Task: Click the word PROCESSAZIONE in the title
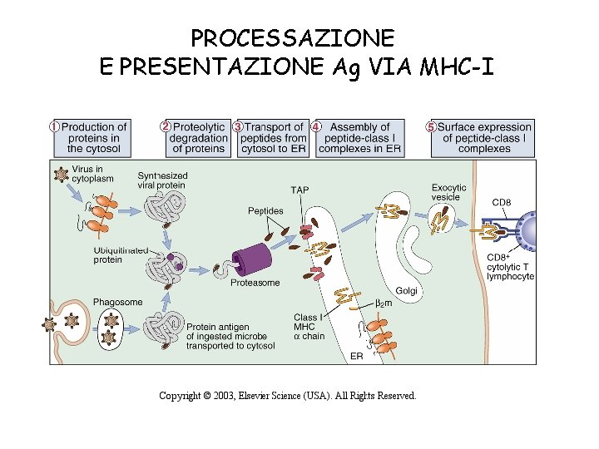[292, 37]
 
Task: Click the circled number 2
[166, 126]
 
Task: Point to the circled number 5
[431, 127]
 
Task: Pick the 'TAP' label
[299, 190]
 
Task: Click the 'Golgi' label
[406, 290]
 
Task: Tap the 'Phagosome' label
[117, 302]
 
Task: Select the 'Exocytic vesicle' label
[448, 192]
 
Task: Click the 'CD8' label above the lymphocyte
[502, 202]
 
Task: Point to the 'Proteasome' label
[255, 283]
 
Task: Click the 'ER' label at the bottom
[356, 356]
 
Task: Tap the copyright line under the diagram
[288, 396]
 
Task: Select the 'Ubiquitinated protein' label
[121, 254]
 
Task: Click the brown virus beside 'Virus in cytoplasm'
[61, 175]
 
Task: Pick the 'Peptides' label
[265, 211]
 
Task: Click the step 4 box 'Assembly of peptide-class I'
[360, 138]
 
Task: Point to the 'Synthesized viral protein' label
[162, 180]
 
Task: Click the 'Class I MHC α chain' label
[309, 327]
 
